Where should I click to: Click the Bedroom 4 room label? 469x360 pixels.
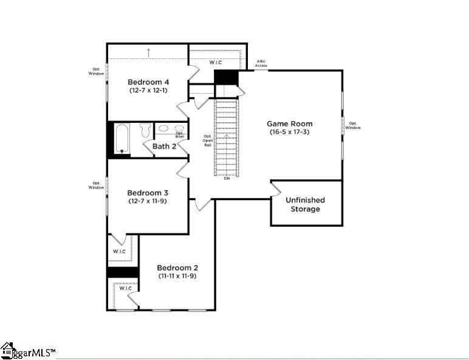point(148,82)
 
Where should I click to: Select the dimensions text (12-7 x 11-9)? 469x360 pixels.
point(148,201)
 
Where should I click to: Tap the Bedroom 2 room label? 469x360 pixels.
point(177,268)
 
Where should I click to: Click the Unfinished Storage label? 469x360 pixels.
point(305,204)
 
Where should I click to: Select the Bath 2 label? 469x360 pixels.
point(164,147)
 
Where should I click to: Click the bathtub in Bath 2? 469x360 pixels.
point(121,139)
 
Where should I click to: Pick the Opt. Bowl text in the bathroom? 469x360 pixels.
point(180,134)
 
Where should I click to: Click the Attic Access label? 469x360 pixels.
point(261,63)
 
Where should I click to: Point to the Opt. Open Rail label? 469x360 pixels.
point(207,140)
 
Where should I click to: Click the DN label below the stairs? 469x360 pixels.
point(227,178)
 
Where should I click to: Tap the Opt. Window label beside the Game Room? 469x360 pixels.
point(353,125)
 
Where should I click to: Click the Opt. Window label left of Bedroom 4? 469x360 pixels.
point(96,71)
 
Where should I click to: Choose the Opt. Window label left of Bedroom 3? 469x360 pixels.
point(96,185)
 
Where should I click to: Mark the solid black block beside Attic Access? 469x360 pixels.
point(226,78)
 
